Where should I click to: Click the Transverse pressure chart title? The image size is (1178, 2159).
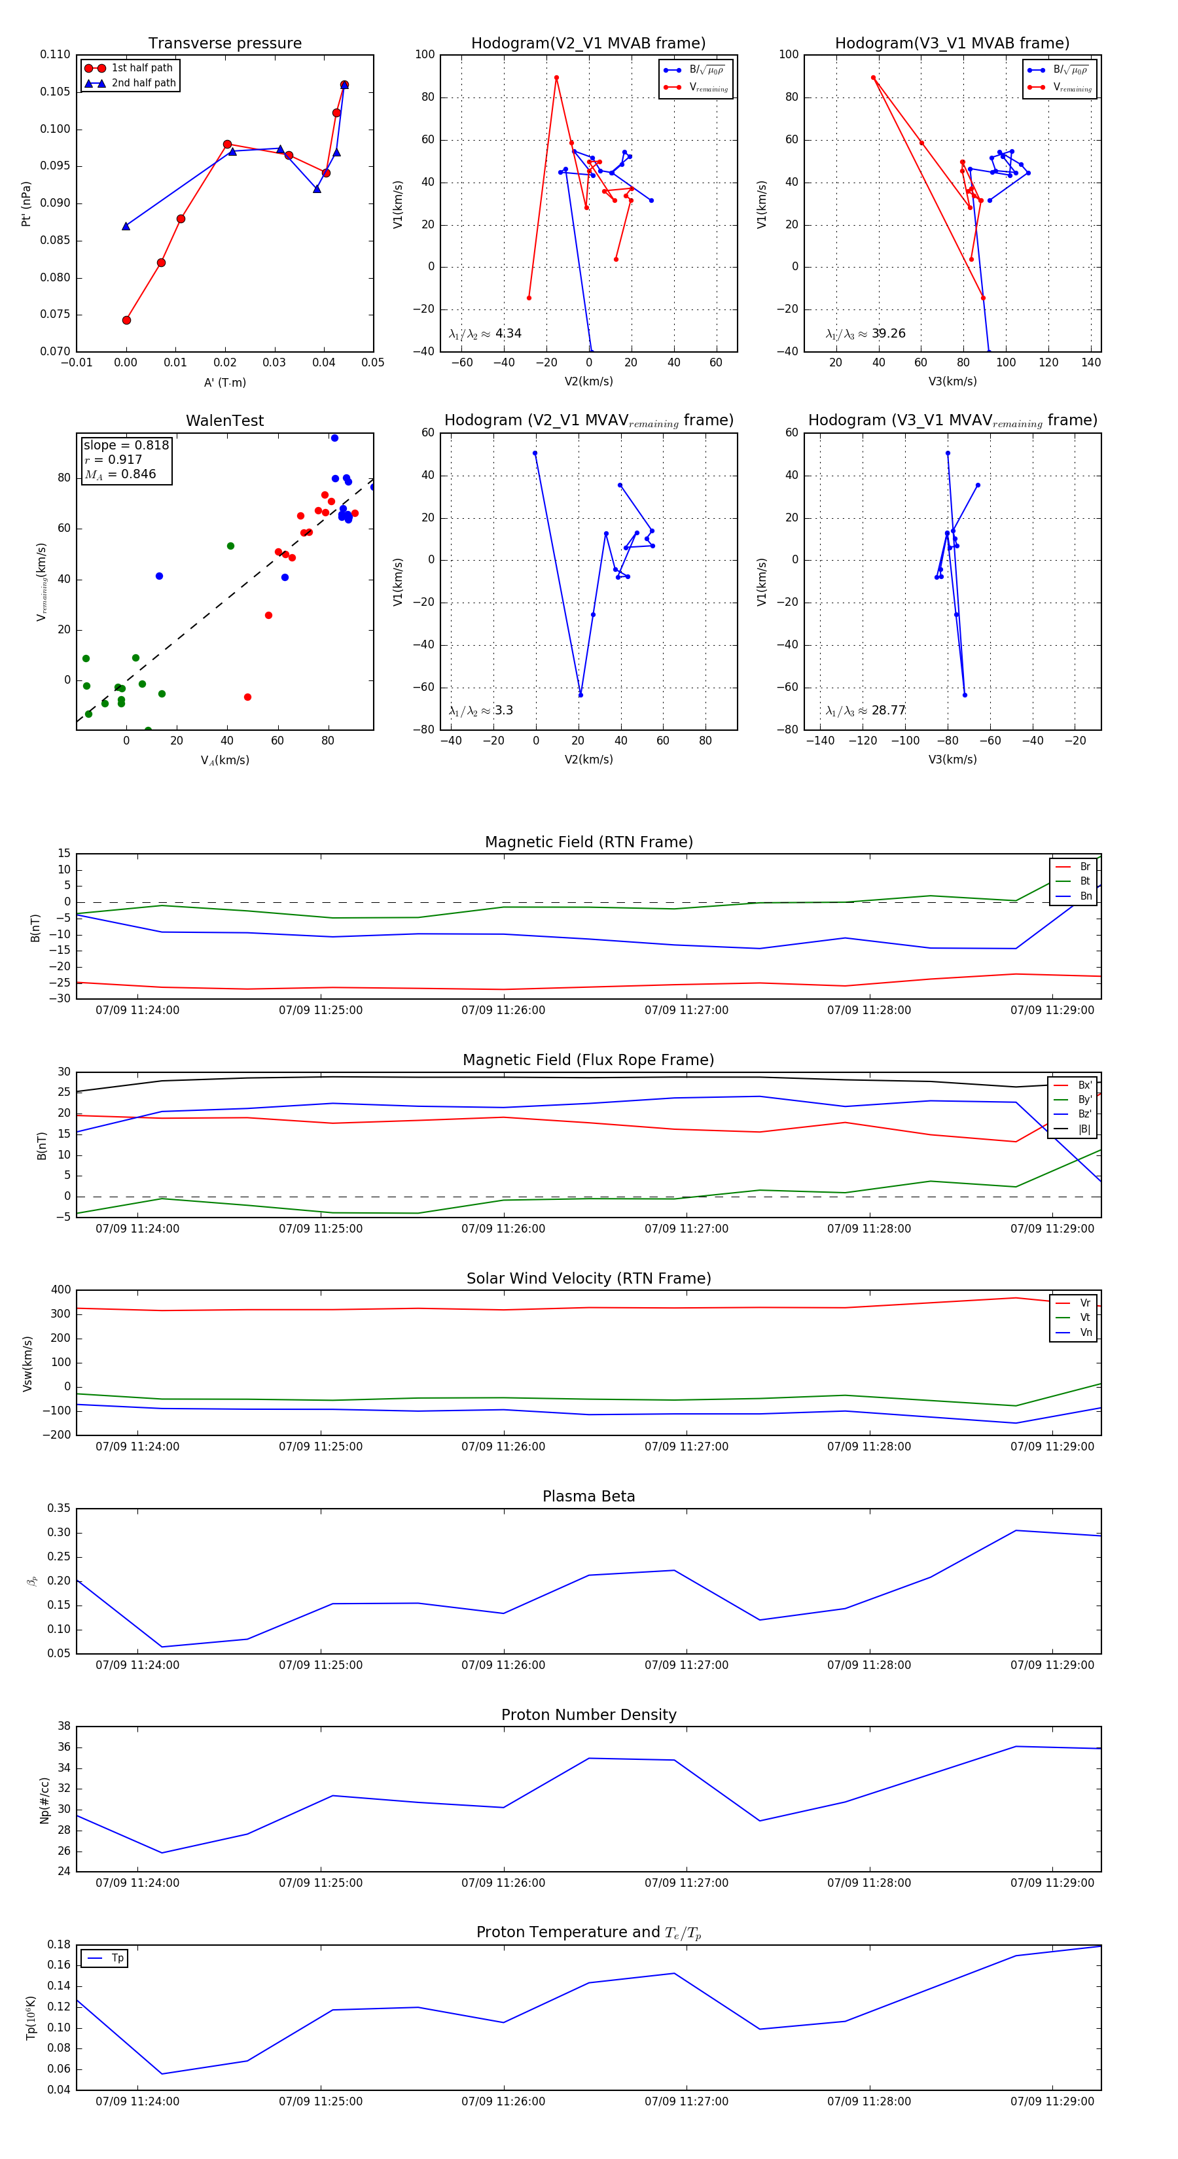(224, 44)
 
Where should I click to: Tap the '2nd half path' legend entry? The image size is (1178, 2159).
(143, 83)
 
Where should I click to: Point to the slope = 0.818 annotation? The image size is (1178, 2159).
(126, 445)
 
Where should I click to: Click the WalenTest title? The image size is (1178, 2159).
(224, 421)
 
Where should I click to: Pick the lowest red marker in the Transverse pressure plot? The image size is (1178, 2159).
(126, 320)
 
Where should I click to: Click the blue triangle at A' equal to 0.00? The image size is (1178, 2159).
(126, 226)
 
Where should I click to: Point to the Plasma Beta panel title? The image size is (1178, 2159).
(588, 1496)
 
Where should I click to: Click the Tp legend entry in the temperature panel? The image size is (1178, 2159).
(116, 1958)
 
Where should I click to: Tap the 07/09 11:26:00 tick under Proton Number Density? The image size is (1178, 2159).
(503, 1882)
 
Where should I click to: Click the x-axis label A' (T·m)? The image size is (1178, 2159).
(224, 382)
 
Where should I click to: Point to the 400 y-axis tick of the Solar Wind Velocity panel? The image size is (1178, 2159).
(62, 1290)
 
